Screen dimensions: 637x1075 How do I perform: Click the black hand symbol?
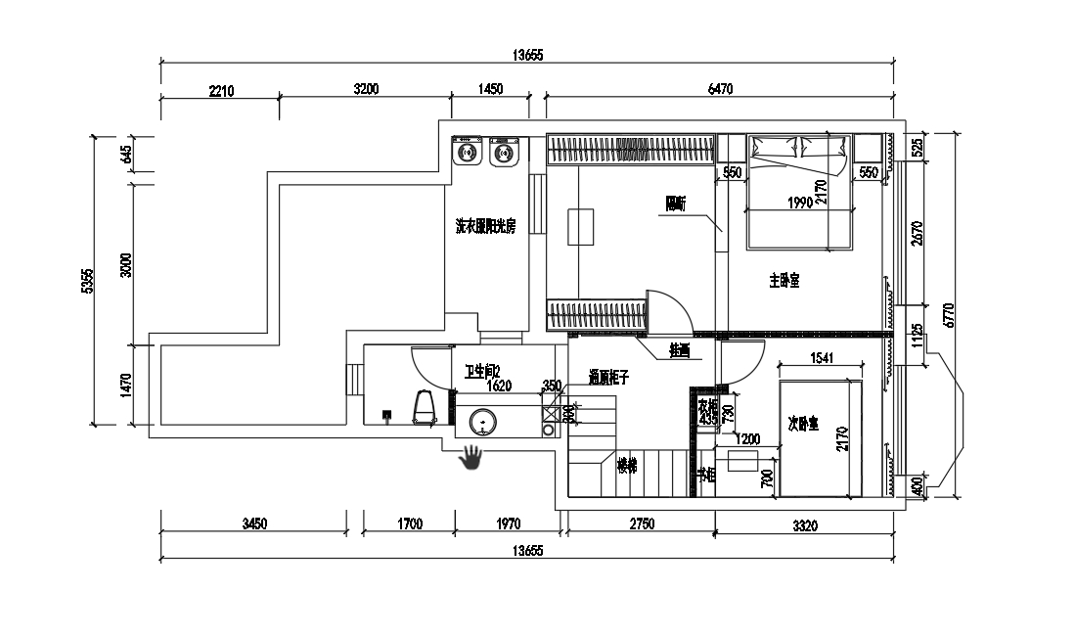(x=472, y=457)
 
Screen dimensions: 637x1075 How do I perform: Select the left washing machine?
(x=467, y=153)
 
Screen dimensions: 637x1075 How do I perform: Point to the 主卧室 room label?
(x=784, y=281)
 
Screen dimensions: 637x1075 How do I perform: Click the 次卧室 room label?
(x=804, y=424)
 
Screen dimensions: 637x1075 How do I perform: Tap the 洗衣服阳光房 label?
(x=486, y=226)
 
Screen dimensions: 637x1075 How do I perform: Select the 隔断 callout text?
(x=676, y=205)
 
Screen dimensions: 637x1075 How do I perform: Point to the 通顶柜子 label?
(x=608, y=376)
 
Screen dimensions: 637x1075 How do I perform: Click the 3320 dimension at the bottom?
(x=804, y=525)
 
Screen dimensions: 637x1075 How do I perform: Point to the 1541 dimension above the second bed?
(x=824, y=358)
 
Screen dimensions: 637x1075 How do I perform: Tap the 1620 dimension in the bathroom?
(x=499, y=386)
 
